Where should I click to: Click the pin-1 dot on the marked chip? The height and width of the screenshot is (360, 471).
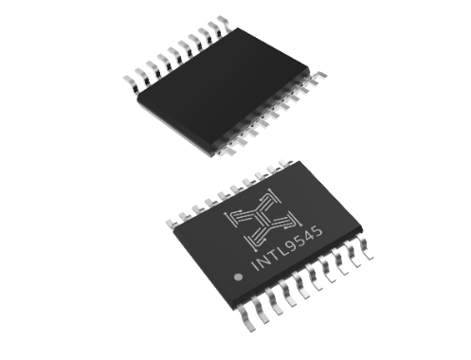[x=238, y=277]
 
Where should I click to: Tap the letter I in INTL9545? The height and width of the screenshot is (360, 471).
[x=256, y=266]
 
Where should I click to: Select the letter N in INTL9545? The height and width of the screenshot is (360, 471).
[x=264, y=260]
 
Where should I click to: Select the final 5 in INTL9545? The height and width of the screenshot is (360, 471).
[x=318, y=231]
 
